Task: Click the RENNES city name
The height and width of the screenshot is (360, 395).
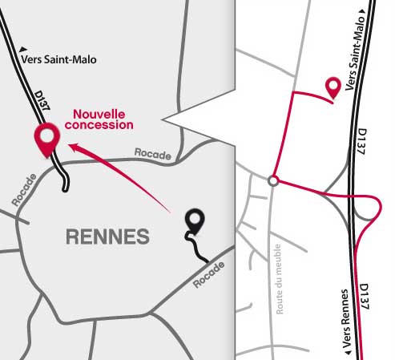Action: [107, 237]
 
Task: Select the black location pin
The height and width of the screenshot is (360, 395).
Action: [193, 220]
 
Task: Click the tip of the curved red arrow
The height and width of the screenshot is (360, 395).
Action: [69, 146]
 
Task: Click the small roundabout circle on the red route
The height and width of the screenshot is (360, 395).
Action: [273, 181]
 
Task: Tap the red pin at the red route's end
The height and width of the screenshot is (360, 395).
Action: [333, 87]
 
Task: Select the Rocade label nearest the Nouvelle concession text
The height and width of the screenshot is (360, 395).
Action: [153, 154]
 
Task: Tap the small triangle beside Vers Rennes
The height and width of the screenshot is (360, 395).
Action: [347, 353]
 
